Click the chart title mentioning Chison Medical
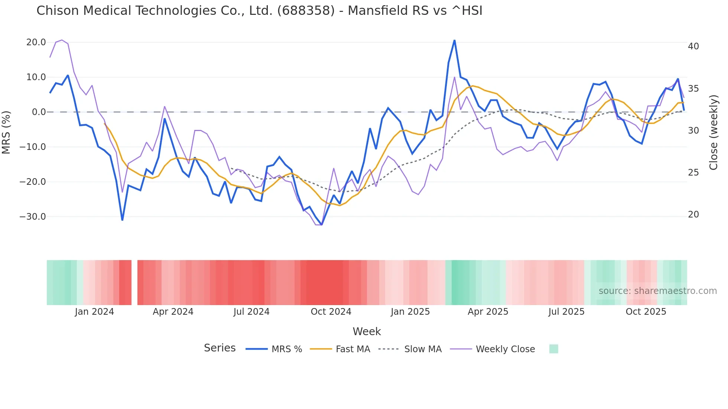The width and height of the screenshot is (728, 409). tap(259, 11)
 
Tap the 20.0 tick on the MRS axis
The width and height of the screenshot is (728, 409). tap(36, 42)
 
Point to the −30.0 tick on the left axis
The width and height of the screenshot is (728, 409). tap(33, 217)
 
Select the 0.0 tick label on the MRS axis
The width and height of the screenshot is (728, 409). tap(39, 112)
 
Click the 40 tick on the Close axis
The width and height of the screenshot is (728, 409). tap(693, 46)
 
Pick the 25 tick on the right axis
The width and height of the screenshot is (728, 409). tap(693, 173)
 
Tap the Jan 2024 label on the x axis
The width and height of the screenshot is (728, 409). tap(94, 312)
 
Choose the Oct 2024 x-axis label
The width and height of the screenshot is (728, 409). tap(331, 312)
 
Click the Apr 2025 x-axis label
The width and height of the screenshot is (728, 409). tap(488, 312)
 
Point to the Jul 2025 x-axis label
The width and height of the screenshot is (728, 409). tap(566, 312)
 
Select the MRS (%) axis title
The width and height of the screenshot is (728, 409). tap(6, 132)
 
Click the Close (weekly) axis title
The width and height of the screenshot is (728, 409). tap(714, 132)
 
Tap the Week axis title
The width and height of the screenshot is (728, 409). tap(367, 331)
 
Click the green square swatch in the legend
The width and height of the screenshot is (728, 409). tap(554, 349)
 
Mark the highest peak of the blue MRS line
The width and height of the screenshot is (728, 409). tap(455, 40)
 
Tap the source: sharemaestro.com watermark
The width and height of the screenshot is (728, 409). tap(657, 291)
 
